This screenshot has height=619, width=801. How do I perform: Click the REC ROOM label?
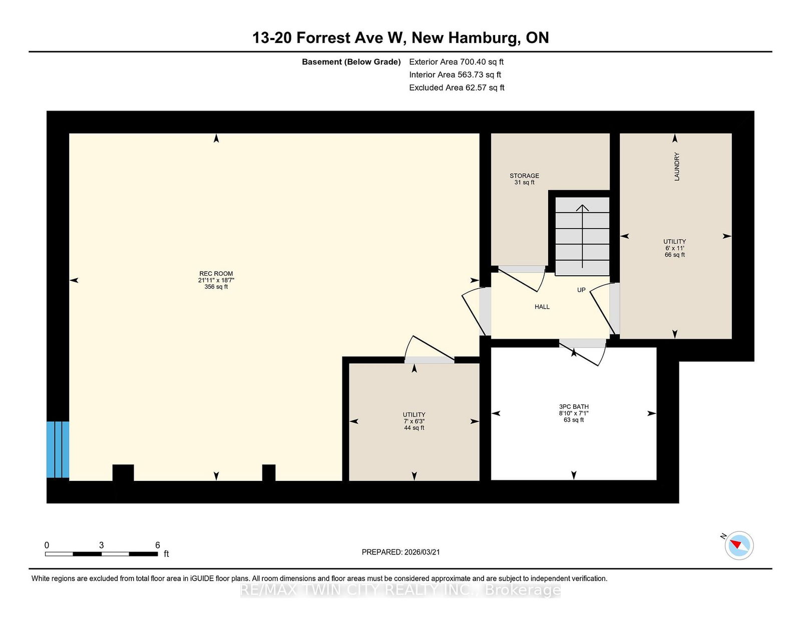tap(216, 273)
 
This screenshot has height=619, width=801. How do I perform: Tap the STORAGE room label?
tap(524, 176)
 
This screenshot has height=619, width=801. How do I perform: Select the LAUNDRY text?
tap(677, 167)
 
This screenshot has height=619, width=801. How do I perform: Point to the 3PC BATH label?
tap(574, 407)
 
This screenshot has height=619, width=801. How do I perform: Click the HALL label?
tap(542, 307)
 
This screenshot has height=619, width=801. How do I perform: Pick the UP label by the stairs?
tap(581, 290)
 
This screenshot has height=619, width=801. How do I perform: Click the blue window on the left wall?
tap(58, 449)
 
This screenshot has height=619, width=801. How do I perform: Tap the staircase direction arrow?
tap(582, 236)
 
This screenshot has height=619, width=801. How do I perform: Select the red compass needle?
tap(736, 544)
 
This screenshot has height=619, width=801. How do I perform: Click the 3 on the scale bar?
tap(101, 545)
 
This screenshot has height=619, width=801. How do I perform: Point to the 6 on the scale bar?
tap(157, 545)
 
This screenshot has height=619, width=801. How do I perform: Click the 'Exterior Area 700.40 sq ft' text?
tap(457, 62)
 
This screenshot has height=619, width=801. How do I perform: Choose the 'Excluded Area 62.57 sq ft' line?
tap(457, 88)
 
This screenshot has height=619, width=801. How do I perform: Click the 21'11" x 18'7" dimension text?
tap(216, 280)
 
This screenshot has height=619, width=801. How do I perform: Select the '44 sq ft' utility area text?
tap(414, 428)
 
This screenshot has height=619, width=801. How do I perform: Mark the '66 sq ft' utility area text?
tap(674, 255)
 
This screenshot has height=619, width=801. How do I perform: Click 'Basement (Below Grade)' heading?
tap(351, 62)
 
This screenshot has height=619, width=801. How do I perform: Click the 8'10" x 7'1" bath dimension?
tap(574, 413)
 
